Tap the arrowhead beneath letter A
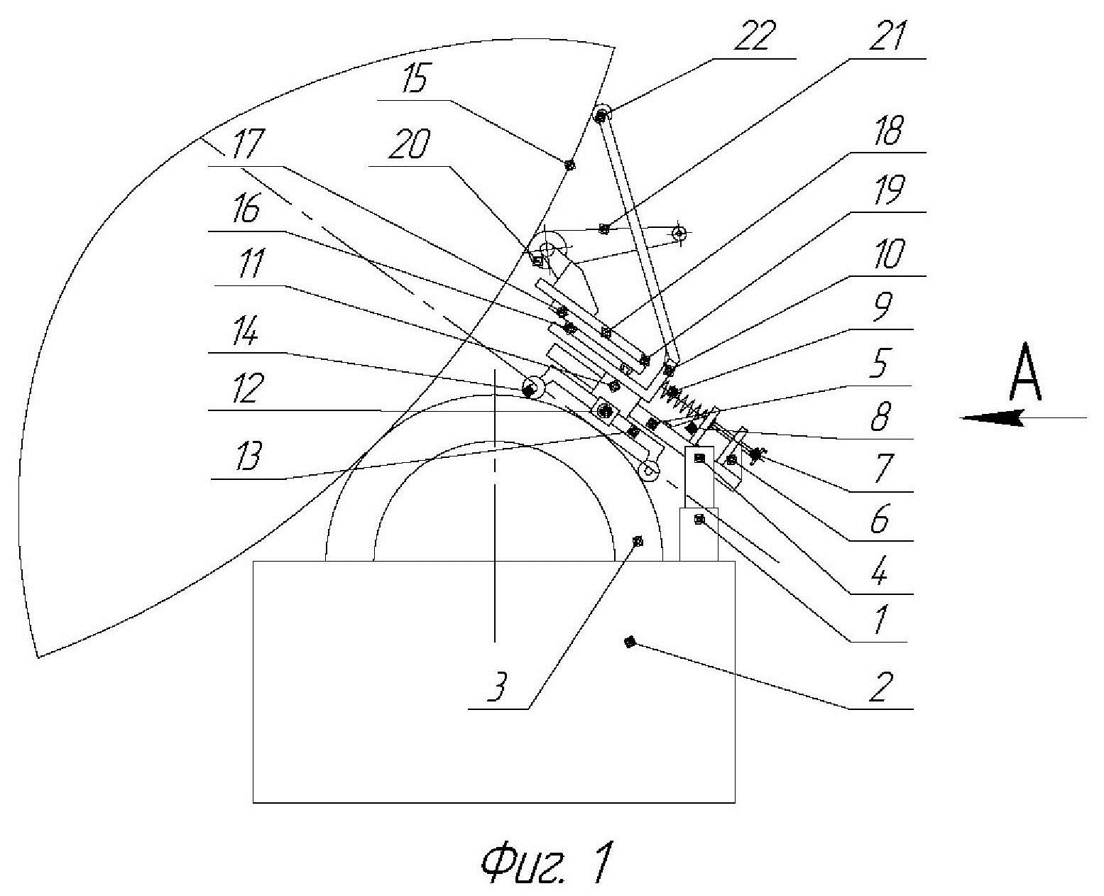pos(990,419)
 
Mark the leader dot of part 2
pos(628,643)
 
